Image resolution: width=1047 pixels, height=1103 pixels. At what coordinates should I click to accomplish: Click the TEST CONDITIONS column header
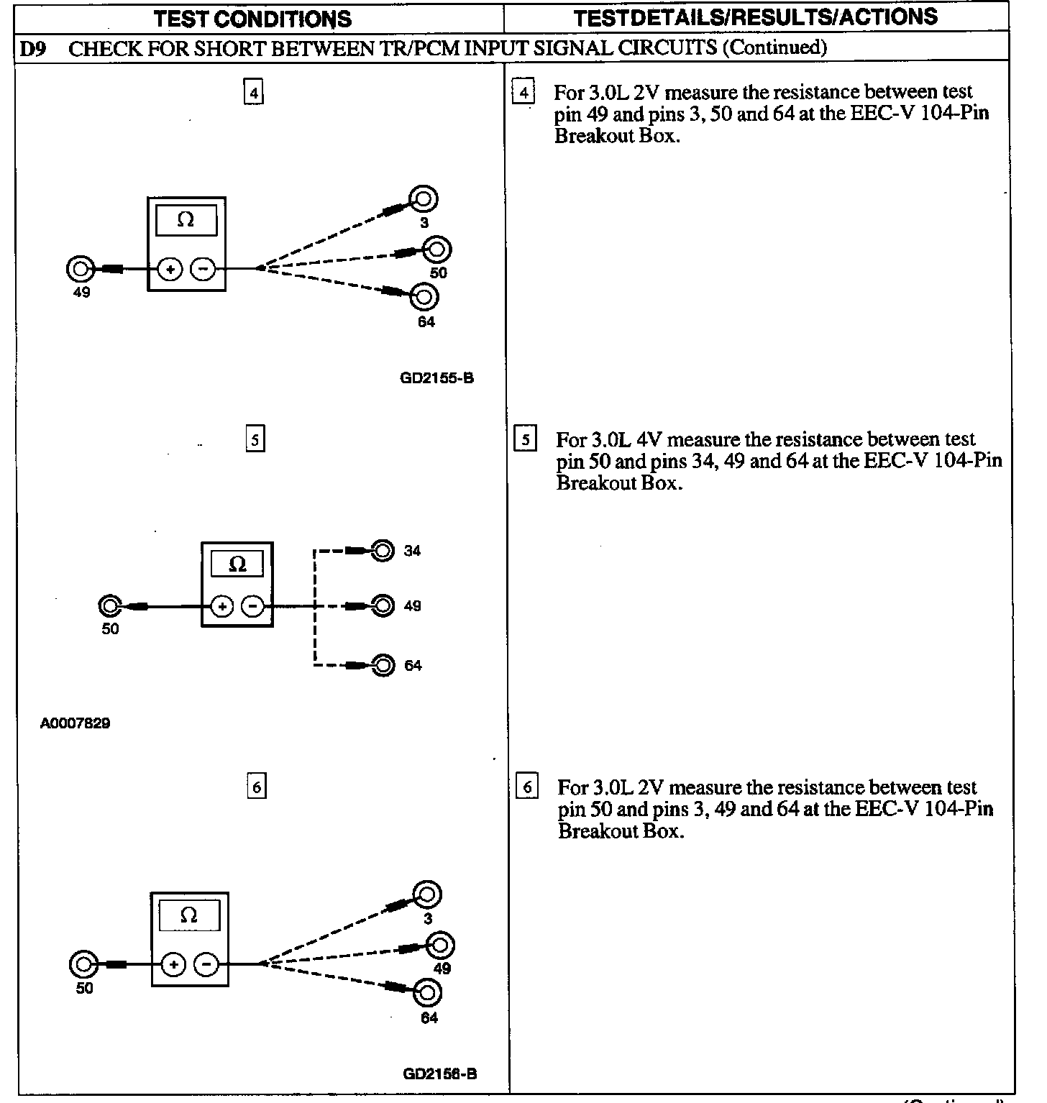pyautogui.click(x=252, y=18)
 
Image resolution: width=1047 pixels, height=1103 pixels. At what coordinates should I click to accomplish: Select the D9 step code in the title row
pyautogui.click(x=33, y=48)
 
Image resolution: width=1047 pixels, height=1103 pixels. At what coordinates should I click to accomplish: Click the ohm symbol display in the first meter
pyautogui.click(x=186, y=220)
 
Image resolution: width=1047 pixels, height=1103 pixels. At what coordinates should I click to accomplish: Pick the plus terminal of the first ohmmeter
pyautogui.click(x=170, y=270)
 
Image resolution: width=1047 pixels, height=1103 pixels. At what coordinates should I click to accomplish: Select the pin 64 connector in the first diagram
pyautogui.click(x=425, y=296)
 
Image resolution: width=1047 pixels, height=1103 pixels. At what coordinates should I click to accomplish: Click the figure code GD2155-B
pyautogui.click(x=436, y=377)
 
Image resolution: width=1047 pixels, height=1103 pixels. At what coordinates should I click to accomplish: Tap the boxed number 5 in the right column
pyautogui.click(x=526, y=439)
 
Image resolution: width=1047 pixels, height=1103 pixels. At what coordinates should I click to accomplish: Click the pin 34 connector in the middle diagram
pyautogui.click(x=383, y=551)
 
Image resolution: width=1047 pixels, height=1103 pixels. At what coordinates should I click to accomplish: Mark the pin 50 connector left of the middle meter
pyautogui.click(x=109, y=606)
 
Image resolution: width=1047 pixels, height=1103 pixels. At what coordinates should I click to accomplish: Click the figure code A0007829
pyautogui.click(x=75, y=723)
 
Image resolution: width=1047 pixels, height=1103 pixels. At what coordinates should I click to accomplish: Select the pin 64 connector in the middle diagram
pyautogui.click(x=384, y=665)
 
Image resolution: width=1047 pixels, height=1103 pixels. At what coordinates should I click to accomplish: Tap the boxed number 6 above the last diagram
pyautogui.click(x=256, y=787)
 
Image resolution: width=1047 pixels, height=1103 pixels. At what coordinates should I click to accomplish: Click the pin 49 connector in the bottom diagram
pyautogui.click(x=440, y=945)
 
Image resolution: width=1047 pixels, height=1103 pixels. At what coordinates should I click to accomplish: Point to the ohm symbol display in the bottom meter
pyautogui.click(x=189, y=915)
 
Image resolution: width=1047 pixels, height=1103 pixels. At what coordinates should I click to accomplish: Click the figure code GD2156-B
pyautogui.click(x=439, y=1074)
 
